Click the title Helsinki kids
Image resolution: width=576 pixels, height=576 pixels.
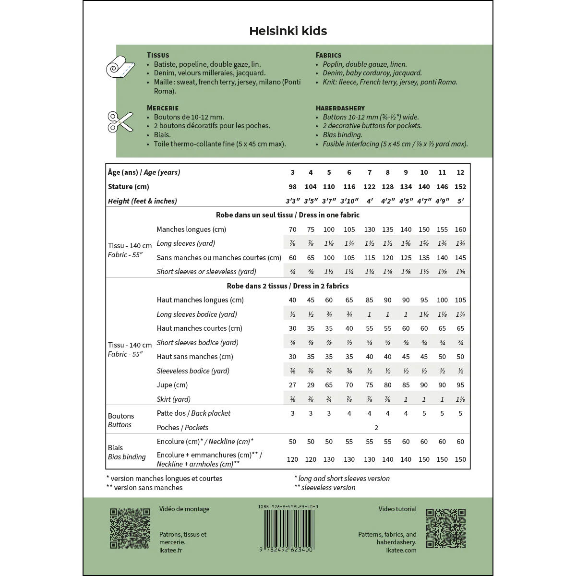[x=288, y=31]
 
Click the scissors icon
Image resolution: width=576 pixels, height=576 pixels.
[x=120, y=122]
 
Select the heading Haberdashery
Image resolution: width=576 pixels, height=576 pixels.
[x=340, y=108]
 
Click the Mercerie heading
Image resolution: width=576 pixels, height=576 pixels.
[x=163, y=108]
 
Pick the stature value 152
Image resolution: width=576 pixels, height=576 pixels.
[x=460, y=187]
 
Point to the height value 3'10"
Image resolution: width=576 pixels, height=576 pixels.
[x=349, y=201]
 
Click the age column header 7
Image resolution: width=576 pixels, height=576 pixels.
[x=369, y=172]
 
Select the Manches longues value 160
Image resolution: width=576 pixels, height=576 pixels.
[x=460, y=229]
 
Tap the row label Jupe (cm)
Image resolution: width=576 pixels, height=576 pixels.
[x=172, y=385]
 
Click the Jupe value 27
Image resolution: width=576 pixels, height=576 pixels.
[x=292, y=385]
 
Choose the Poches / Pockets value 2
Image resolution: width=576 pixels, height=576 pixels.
[x=376, y=428]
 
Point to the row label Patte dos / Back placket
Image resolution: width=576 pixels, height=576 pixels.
[x=193, y=413]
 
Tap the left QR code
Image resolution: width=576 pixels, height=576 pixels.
[x=130, y=528]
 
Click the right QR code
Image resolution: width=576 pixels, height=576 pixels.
[x=446, y=528]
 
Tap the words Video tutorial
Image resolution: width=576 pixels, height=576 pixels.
[x=397, y=509]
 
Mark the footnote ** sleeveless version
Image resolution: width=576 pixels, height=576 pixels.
[x=325, y=488]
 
